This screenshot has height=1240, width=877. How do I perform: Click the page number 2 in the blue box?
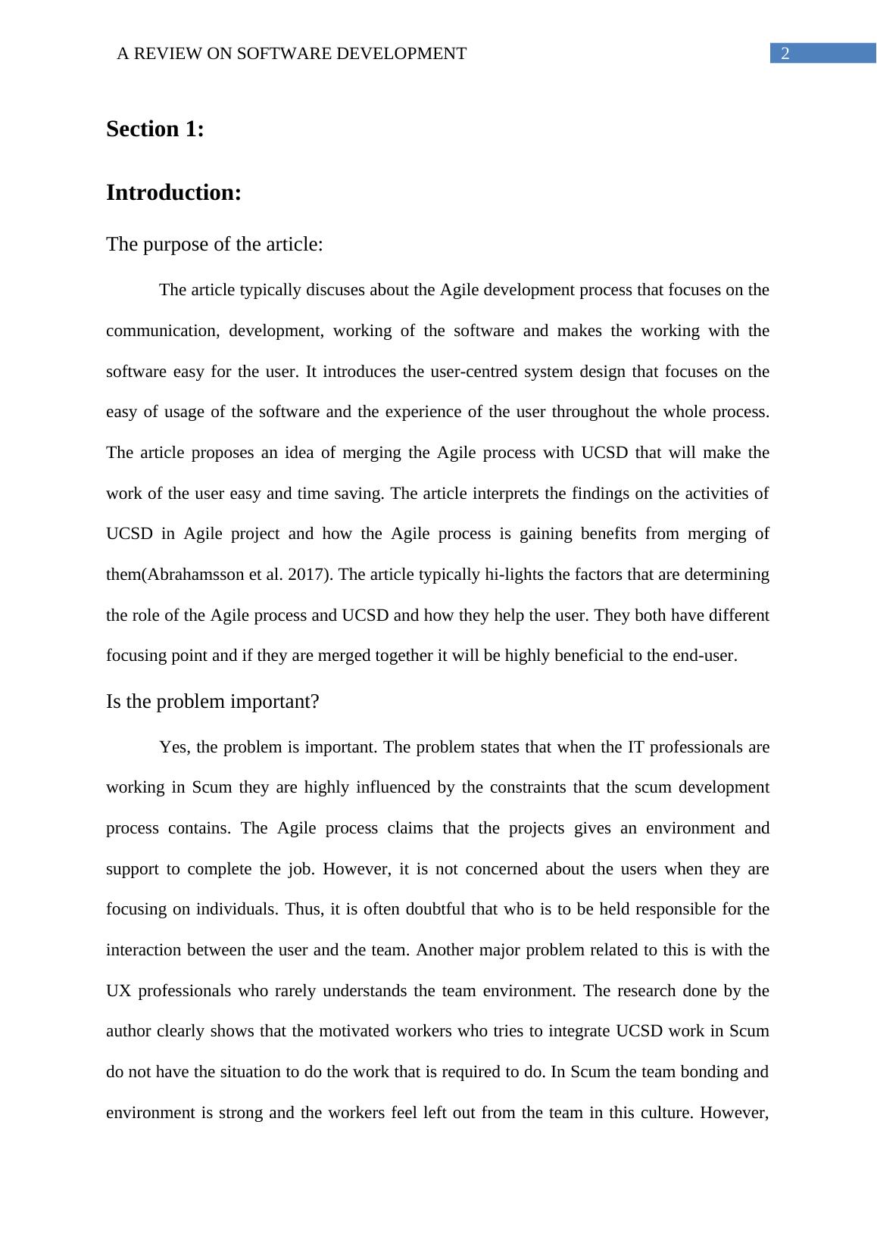tap(785, 54)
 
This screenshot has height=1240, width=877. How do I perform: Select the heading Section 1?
tap(155, 129)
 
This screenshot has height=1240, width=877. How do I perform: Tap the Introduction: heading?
tap(173, 193)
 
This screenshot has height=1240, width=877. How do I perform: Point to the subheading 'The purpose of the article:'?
tap(214, 245)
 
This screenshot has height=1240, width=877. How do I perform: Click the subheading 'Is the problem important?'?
tap(212, 702)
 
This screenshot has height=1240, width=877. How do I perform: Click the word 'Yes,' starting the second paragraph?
tap(175, 748)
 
